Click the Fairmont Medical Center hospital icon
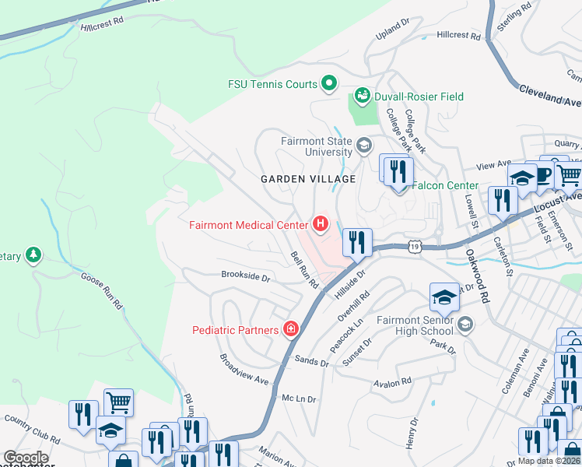point(320,225)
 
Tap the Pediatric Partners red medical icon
point(291,329)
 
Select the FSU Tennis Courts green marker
point(329,83)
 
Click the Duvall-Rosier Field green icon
point(362,96)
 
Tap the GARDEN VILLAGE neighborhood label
point(307,179)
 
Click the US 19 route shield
point(415,247)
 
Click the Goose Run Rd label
point(102,290)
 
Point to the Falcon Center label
point(444,185)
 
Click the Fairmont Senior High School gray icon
point(465,325)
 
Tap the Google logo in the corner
point(26,458)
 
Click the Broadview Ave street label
point(244,370)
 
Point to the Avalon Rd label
point(391,382)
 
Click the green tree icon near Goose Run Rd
point(33,255)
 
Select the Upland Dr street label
point(391,29)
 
